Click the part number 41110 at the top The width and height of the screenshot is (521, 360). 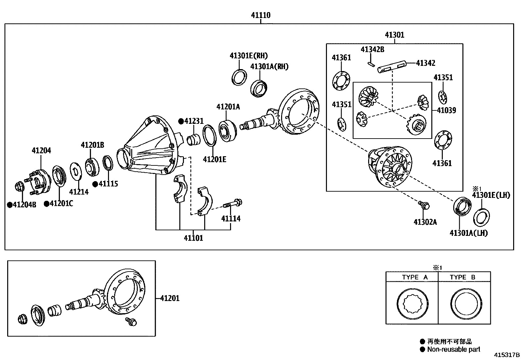coord(260,15)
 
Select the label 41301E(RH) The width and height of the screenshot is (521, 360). coord(248,56)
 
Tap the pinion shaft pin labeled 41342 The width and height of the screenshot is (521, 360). coord(391,66)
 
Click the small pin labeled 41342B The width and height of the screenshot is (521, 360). coord(370,64)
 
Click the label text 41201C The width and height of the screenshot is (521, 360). coord(61,204)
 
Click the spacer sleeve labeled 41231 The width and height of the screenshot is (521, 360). coord(193,140)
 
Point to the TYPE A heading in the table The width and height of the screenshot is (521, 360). coord(415,277)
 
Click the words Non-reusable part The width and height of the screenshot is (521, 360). coord(453,349)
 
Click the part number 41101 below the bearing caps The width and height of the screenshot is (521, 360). coord(193,238)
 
